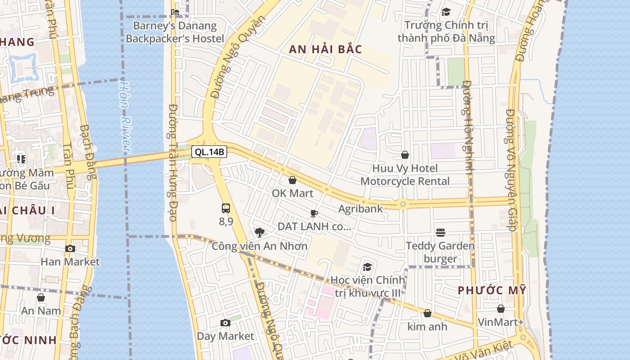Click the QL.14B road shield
click(x=209, y=152)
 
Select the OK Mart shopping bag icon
click(x=292, y=180)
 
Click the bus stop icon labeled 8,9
click(x=226, y=208)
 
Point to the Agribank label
click(x=360, y=209)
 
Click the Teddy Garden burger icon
click(x=440, y=233)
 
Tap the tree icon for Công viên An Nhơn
click(x=259, y=233)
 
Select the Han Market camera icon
click(x=70, y=248)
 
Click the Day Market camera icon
click(x=225, y=323)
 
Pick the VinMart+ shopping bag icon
click(x=501, y=309)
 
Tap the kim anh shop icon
click(x=427, y=313)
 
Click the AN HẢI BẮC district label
click(x=325, y=49)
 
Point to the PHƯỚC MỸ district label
click(x=492, y=290)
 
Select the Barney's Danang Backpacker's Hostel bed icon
click(x=175, y=12)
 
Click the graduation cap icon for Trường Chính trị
click(x=446, y=12)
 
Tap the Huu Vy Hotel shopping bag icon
click(x=405, y=155)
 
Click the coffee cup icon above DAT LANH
click(x=314, y=213)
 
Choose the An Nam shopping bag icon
click(x=41, y=297)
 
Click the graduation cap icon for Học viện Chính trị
click(x=368, y=267)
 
